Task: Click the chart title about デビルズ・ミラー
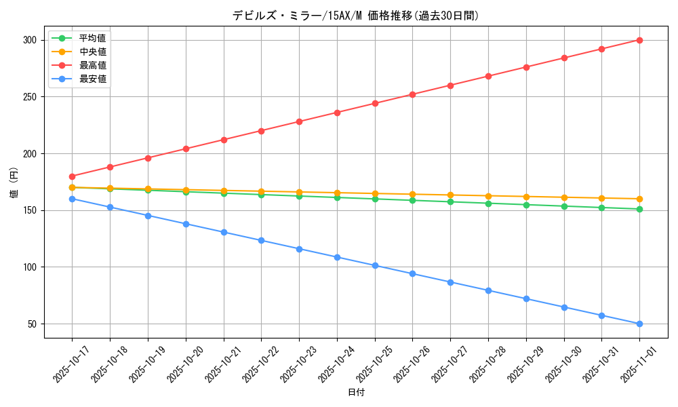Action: [x=355, y=16]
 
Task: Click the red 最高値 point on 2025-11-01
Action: [x=639, y=40]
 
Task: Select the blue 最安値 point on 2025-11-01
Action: [x=639, y=324]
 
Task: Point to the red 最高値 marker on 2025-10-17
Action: [x=72, y=176]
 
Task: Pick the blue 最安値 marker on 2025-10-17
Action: [x=72, y=199]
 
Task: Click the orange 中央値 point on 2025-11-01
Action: [x=639, y=199]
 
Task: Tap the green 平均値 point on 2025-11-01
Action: [x=639, y=209]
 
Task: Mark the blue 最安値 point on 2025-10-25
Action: [x=375, y=265]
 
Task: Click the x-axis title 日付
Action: [x=356, y=393]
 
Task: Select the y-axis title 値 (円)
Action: [x=14, y=182]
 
